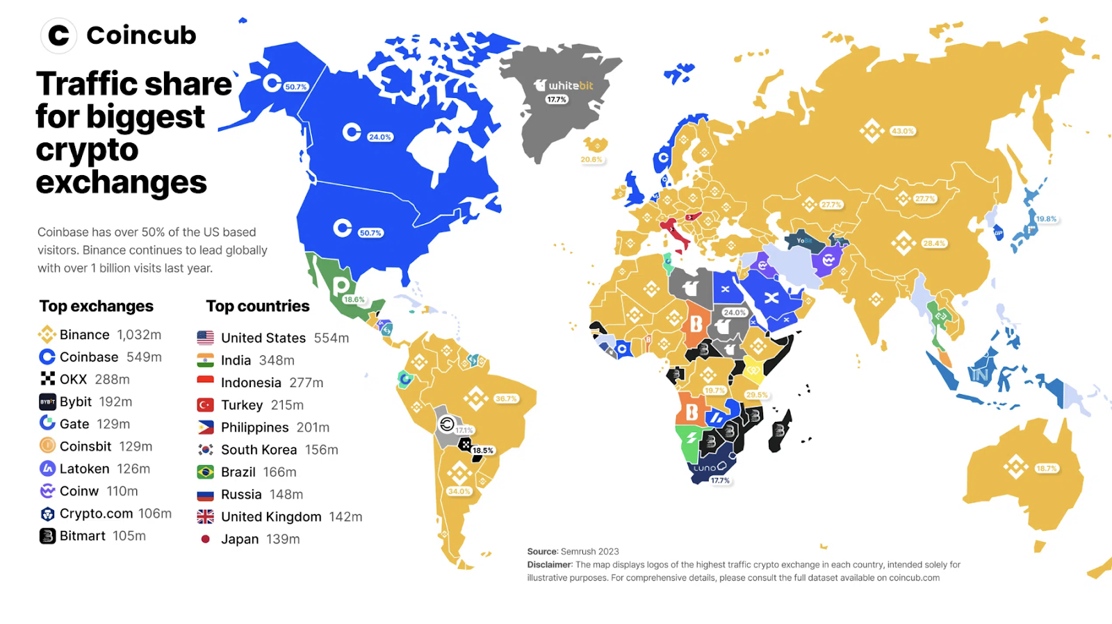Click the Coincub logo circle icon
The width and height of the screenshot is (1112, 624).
58,35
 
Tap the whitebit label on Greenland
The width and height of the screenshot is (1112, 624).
564,85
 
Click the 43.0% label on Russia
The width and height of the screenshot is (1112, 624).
902,131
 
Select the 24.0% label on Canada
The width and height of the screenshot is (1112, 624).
379,137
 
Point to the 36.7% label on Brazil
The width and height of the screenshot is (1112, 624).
506,399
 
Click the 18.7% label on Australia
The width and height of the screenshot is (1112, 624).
1046,468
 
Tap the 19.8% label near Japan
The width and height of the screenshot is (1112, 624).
1046,219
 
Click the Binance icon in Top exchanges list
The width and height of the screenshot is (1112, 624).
47,335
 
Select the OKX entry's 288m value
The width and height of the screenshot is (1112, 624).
112,379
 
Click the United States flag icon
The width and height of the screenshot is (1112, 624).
205,338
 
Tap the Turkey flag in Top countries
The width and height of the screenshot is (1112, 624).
205,405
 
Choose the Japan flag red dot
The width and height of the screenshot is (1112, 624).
205,539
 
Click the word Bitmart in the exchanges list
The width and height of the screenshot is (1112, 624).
82,536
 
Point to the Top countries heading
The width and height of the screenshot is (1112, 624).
257,306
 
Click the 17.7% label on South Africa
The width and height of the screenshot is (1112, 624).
720,480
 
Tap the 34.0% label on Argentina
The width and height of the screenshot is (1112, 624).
459,491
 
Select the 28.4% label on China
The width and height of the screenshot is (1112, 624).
933,243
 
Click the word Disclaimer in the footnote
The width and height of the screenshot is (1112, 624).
549,565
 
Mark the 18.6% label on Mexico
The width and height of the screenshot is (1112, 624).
354,299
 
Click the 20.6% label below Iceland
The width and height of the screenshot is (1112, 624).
591,160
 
